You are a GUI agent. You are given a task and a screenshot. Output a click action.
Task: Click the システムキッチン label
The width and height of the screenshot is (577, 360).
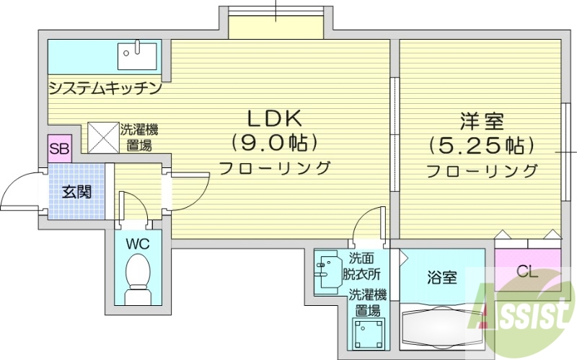click(104, 89)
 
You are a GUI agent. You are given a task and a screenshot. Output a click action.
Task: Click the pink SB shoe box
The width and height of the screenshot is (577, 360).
click(58, 151)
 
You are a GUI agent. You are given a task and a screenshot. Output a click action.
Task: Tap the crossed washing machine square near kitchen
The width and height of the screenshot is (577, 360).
click(102, 136)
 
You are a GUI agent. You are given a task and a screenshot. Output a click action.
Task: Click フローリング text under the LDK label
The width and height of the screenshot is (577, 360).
click(274, 168)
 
